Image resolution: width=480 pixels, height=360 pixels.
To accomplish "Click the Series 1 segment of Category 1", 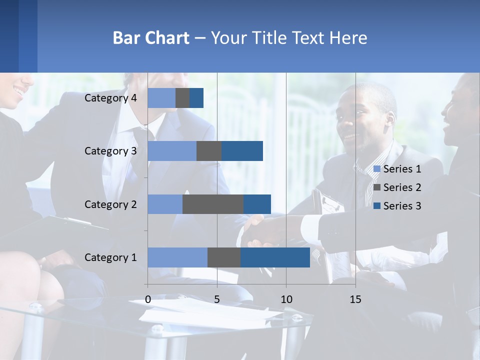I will pyautogui.click(x=177, y=257).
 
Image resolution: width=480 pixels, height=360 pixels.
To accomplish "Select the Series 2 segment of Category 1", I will pyautogui.click(x=224, y=257).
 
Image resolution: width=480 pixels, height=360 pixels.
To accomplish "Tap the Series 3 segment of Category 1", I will pyautogui.click(x=275, y=257).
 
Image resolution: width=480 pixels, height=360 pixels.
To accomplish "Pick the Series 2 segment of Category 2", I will pyautogui.click(x=213, y=204).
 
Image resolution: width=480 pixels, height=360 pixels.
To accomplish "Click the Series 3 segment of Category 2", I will pyautogui.click(x=257, y=204).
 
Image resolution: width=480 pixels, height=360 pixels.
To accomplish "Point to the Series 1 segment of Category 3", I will pyautogui.click(x=172, y=151).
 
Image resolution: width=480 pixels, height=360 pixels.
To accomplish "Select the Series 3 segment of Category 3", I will pyautogui.click(x=242, y=151).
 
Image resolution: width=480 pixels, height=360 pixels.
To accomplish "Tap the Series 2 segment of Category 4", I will pyautogui.click(x=182, y=98).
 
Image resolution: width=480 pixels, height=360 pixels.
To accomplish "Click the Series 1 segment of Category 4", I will pyautogui.click(x=161, y=98).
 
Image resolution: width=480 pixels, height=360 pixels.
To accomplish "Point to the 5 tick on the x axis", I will pyautogui.click(x=217, y=299).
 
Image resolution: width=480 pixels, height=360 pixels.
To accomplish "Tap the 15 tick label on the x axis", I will pyautogui.click(x=355, y=299).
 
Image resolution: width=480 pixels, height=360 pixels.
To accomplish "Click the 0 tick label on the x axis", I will pyautogui.click(x=148, y=299).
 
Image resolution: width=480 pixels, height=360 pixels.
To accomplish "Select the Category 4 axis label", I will pyautogui.click(x=110, y=98).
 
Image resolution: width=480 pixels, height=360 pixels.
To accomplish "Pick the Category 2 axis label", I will pyautogui.click(x=110, y=204).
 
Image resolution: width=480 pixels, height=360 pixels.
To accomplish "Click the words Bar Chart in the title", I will pyautogui.click(x=151, y=38).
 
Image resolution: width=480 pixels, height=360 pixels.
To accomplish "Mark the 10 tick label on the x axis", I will pyautogui.click(x=286, y=299).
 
